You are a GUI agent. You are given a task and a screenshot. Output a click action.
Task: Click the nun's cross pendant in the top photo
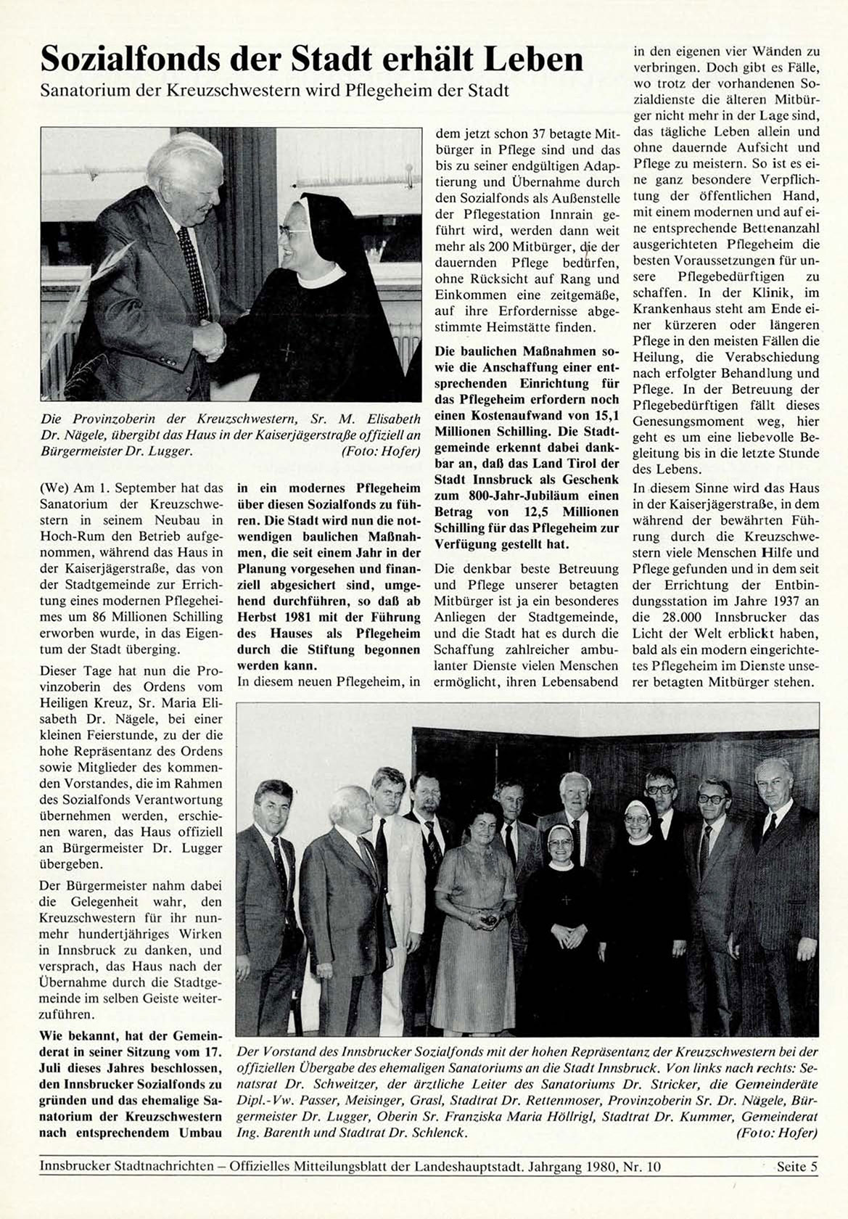pyautogui.click(x=288, y=352)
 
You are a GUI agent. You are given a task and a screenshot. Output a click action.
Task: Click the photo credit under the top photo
pyautogui.click(x=380, y=451)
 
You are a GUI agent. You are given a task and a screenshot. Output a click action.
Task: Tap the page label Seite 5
pyautogui.click(x=796, y=1167)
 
